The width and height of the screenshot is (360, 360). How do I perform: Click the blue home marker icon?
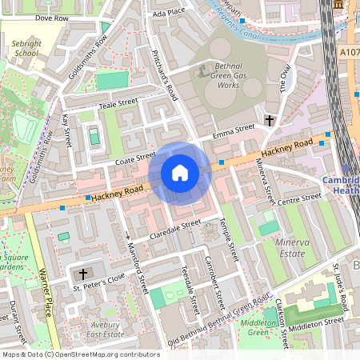coord(180,173)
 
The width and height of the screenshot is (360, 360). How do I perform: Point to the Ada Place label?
coord(168,13)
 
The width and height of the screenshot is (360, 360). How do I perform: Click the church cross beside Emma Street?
coord(270,121)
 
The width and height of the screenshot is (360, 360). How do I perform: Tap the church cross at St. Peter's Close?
coord(83,274)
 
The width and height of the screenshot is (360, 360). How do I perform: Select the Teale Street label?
coord(118,103)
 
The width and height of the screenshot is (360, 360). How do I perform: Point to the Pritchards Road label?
coord(164,74)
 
